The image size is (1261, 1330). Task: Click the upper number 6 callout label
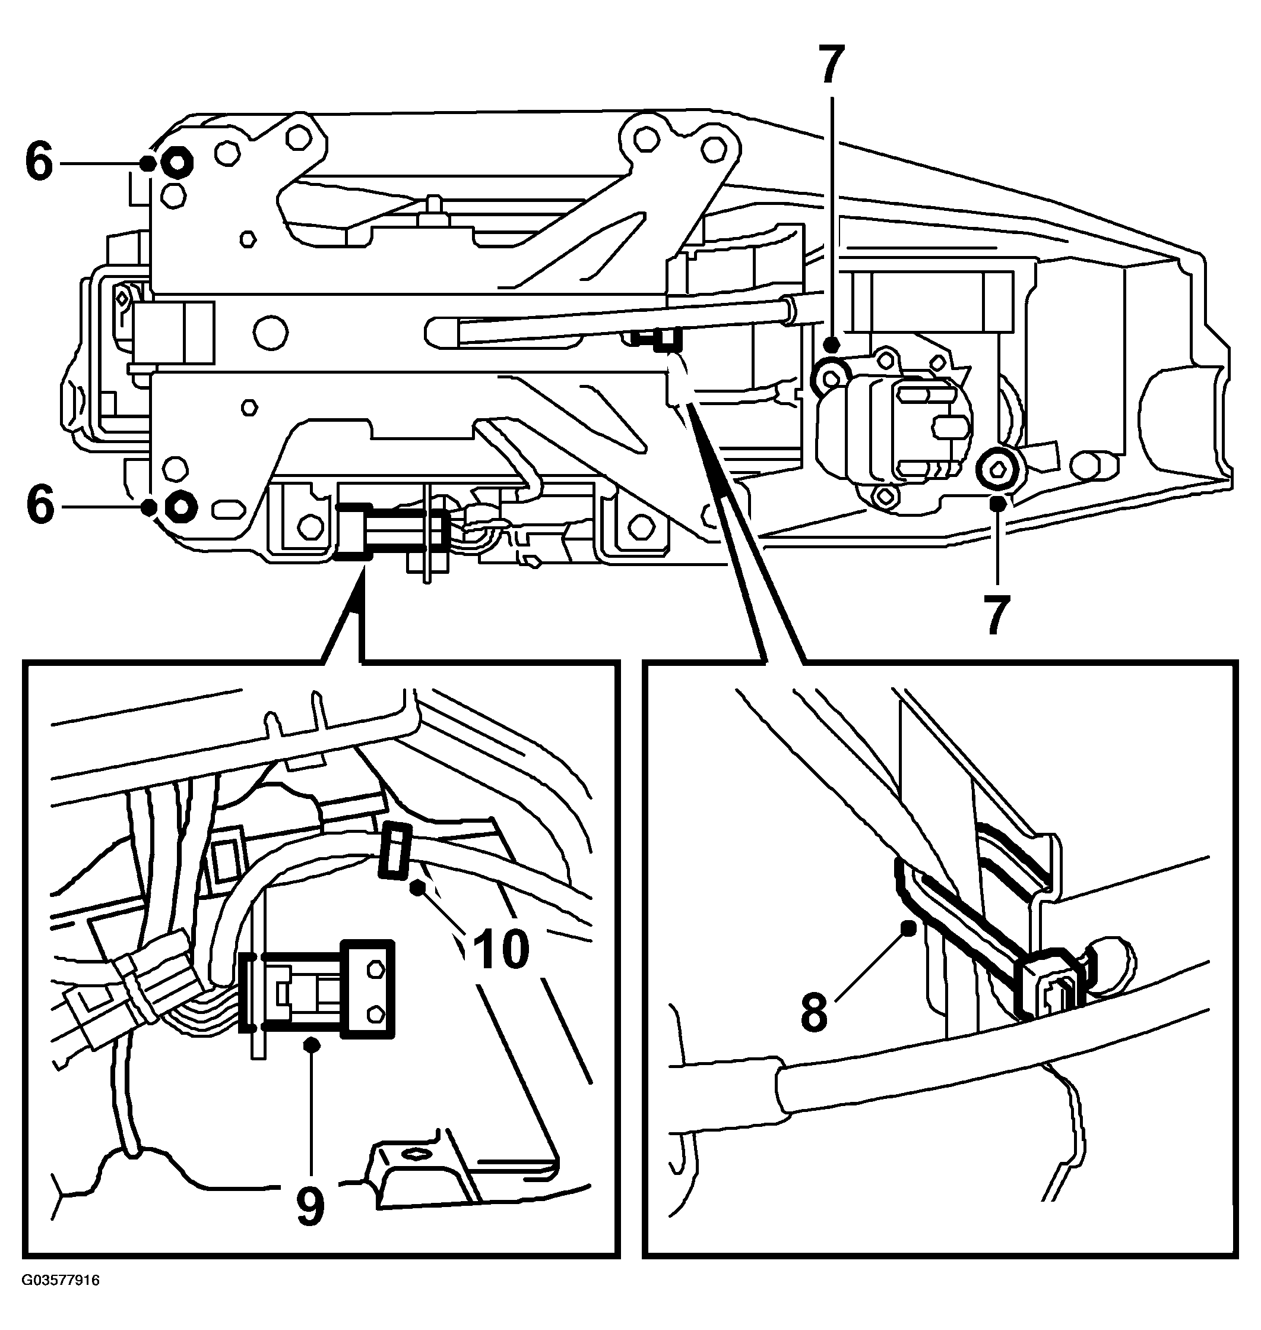click(x=39, y=163)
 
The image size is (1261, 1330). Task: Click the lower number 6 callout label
click(x=40, y=506)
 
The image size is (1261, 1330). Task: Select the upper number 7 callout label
click(x=832, y=66)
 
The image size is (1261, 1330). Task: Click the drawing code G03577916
click(x=61, y=1299)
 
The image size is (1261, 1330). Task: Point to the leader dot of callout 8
click(x=908, y=928)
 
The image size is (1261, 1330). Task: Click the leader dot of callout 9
click(x=311, y=1044)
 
